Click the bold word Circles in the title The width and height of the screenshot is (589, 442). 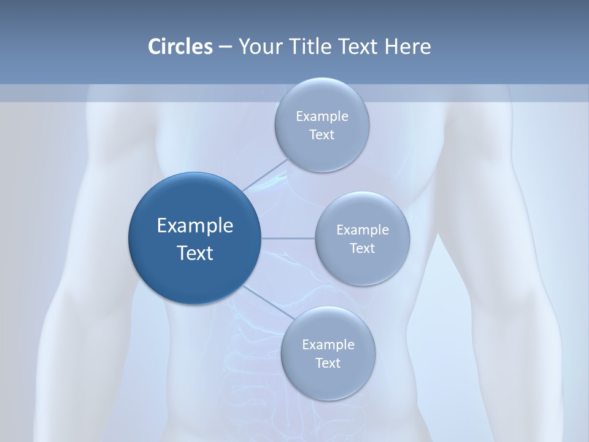click(x=180, y=47)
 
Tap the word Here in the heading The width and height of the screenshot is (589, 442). click(x=407, y=47)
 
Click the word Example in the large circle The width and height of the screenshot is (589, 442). click(x=195, y=226)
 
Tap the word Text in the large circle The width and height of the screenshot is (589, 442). click(x=195, y=253)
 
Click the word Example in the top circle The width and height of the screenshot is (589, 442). click(x=322, y=117)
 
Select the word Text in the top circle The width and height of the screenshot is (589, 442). click(x=321, y=135)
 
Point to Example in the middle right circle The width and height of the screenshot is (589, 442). click(x=363, y=230)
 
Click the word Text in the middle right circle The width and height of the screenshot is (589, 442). click(x=362, y=249)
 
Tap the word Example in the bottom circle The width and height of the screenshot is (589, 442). click(x=328, y=345)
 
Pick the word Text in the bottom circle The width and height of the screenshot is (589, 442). click(x=328, y=363)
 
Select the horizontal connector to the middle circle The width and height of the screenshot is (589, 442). click(x=288, y=238)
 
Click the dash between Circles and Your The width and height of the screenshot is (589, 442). click(x=225, y=47)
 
